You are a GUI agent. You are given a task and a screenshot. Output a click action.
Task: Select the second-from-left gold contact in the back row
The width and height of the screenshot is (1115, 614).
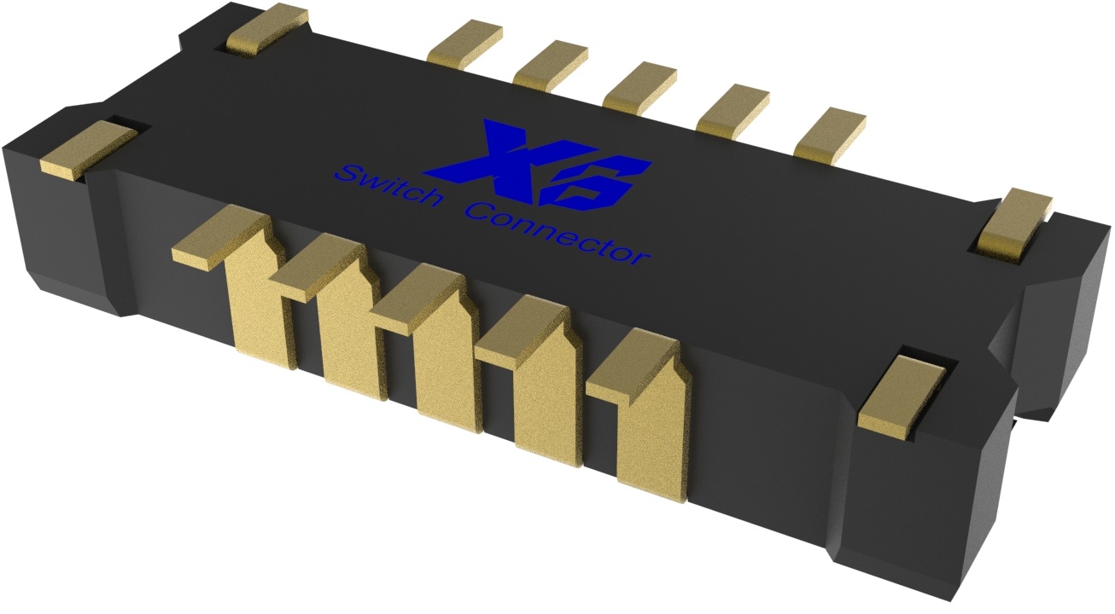(x=551, y=63)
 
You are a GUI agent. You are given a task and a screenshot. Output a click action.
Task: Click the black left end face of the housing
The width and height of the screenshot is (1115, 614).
(x=51, y=230)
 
